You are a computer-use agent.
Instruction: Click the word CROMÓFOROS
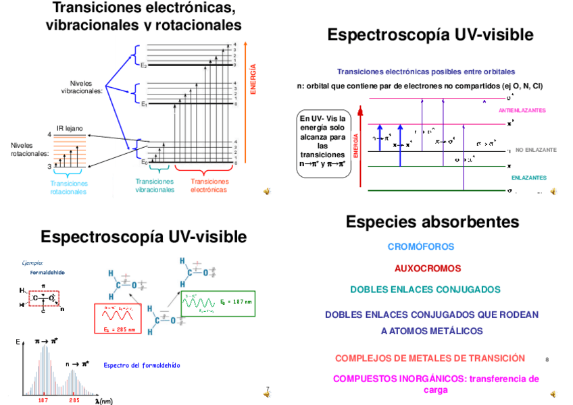tap(421, 247)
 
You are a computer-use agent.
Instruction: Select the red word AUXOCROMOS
tap(427, 268)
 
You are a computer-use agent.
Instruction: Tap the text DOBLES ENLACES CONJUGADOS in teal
tap(425, 290)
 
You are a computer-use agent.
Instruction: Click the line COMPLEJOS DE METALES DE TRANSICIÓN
tap(430, 358)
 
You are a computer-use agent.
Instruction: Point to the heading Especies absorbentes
tap(432, 222)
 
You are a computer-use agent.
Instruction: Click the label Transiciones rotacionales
tap(69, 188)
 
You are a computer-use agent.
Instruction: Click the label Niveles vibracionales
tap(82, 86)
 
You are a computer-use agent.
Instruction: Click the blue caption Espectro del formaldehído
tap(141, 365)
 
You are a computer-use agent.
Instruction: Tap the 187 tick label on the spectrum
tap(44, 400)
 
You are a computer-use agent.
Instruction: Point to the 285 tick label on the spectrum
tap(74, 400)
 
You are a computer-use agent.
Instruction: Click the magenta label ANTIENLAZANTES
tap(522, 110)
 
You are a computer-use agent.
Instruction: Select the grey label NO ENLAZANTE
tap(537, 150)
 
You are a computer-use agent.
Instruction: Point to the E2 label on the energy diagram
tap(144, 65)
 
